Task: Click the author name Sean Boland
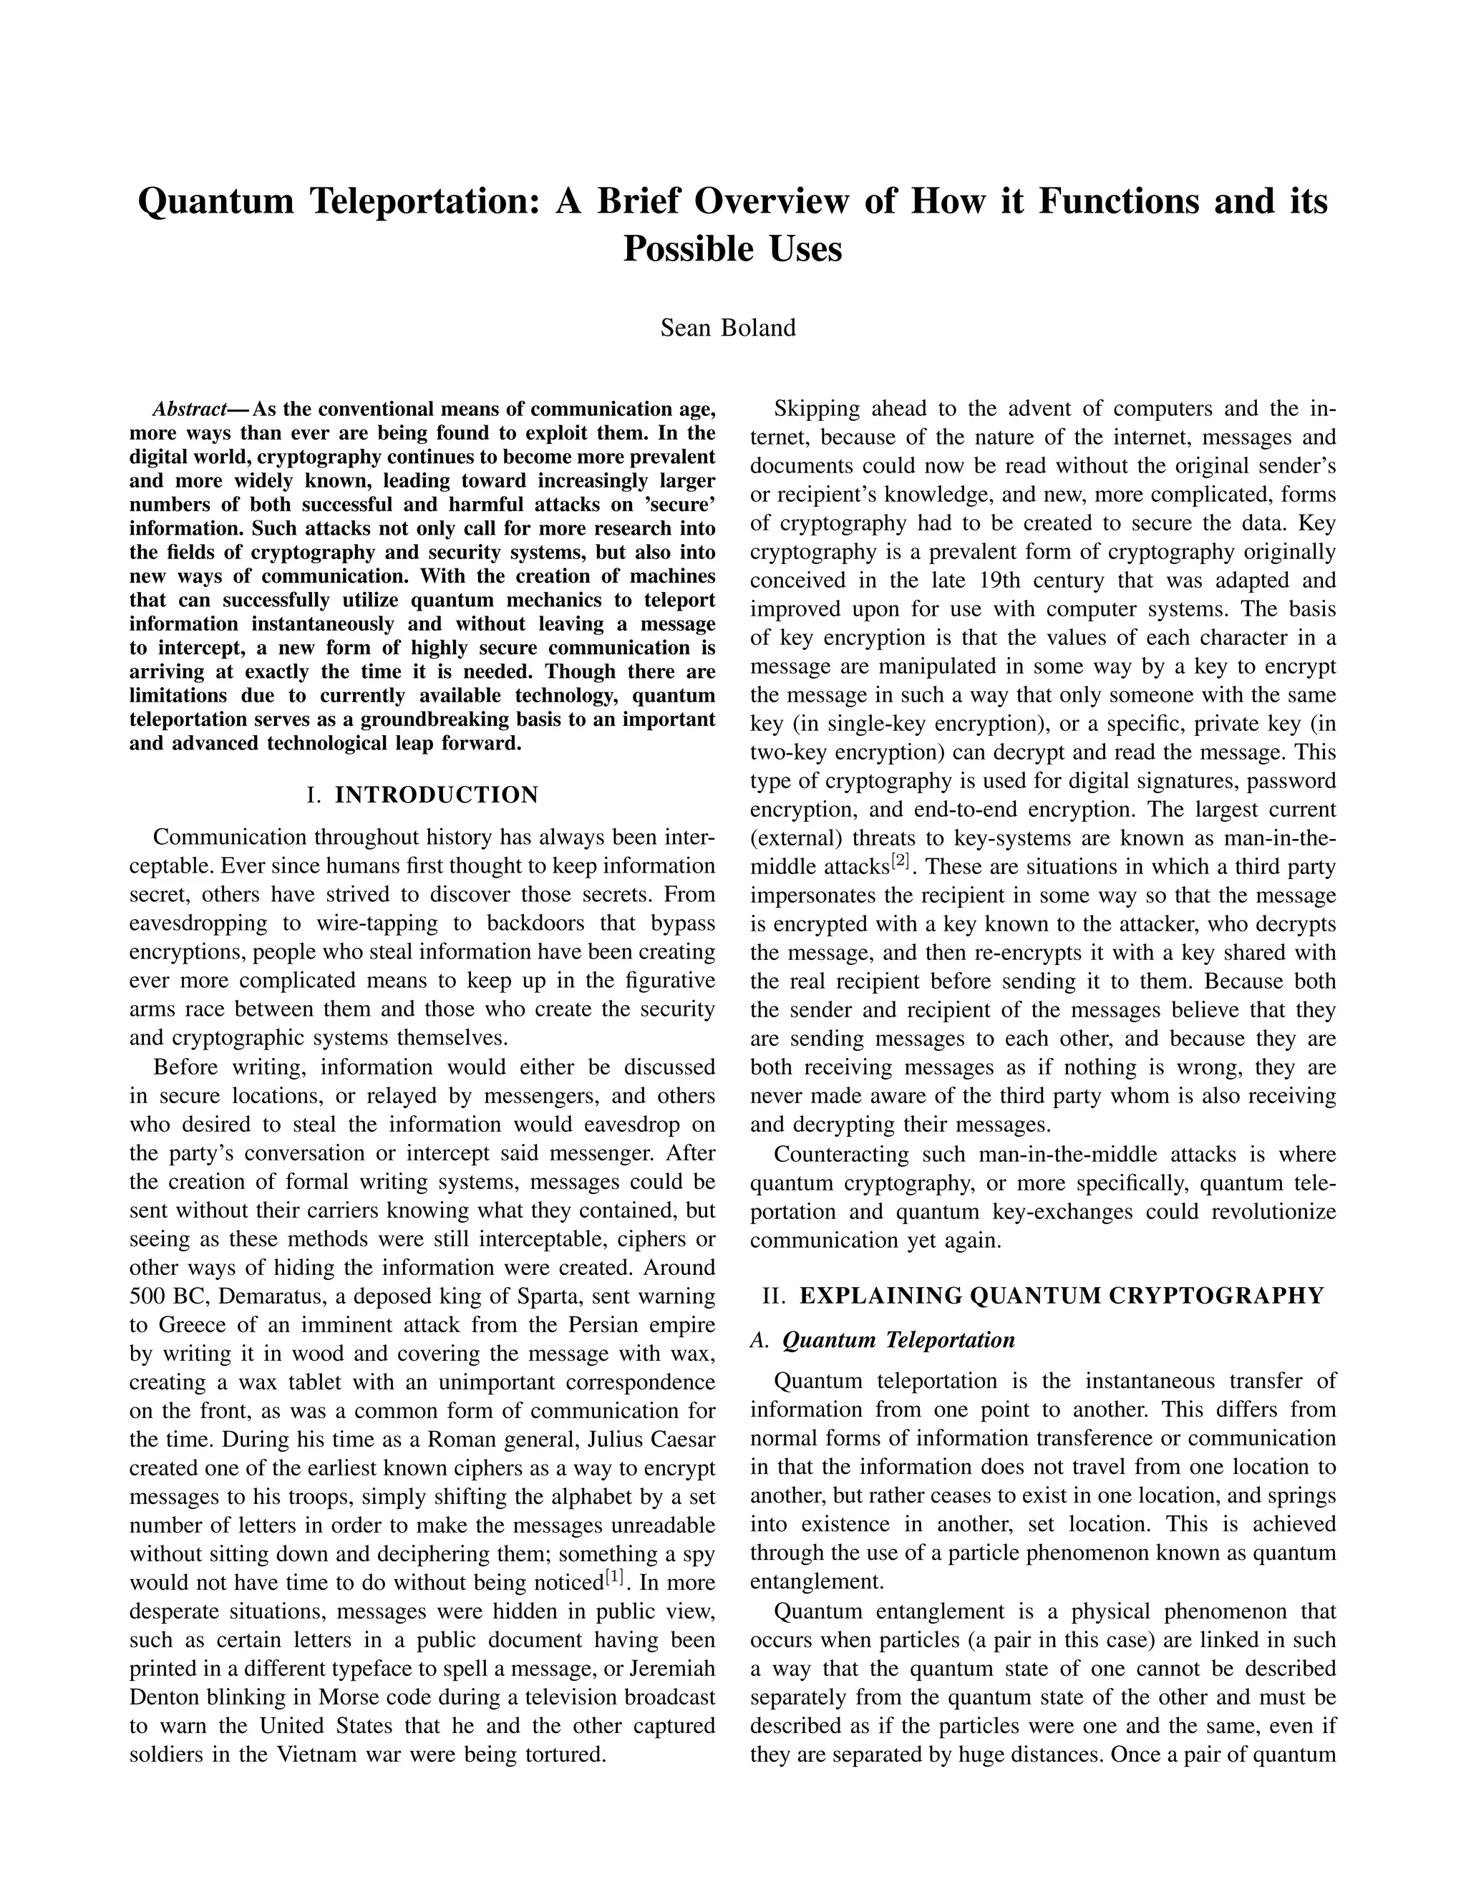[x=728, y=329]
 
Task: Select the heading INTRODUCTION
[x=436, y=795]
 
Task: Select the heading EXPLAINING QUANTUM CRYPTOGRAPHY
[x=1062, y=1296]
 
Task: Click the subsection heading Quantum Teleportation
[x=898, y=1340]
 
